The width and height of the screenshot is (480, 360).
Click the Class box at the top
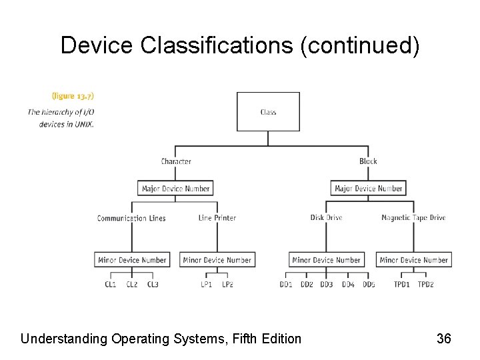pos(268,111)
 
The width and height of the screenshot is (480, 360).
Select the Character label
pos(176,161)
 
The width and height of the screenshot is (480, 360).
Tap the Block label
pos(368,161)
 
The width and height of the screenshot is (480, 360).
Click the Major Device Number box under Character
pos(176,189)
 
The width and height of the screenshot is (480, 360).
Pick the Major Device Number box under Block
pos(368,189)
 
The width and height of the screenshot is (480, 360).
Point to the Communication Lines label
pos(131,218)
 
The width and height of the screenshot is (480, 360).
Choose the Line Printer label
pos(217,218)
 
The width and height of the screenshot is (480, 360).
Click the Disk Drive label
pos(326,218)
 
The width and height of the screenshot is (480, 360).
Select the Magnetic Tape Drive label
pos(413,218)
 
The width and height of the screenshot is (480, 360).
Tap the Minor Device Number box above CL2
pos(131,260)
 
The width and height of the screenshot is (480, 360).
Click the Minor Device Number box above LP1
pos(217,260)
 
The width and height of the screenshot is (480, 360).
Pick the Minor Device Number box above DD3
pos(326,260)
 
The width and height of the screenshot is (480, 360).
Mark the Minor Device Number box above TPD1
pos(413,260)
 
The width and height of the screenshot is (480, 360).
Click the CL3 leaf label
pos(153,285)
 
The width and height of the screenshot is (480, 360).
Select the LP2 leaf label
pos(227,285)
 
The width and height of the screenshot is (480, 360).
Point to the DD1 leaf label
pos(286,285)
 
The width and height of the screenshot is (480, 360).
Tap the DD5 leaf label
pos(369,285)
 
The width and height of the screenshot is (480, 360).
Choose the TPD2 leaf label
pos(425,285)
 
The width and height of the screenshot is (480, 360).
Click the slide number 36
pos(444,339)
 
